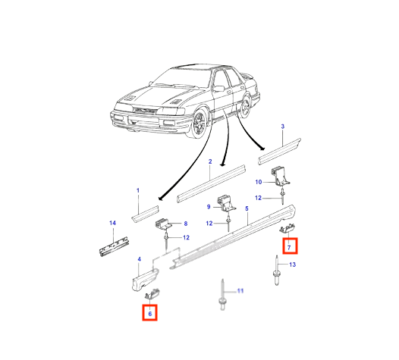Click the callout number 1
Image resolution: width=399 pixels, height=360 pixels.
click(138, 190)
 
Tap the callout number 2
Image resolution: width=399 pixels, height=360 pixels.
click(210, 161)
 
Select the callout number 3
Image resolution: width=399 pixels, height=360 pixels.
click(282, 127)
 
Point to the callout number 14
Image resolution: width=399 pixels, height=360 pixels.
click(112, 223)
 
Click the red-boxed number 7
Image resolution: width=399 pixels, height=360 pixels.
click(289, 247)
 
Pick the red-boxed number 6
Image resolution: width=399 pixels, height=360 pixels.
click(150, 314)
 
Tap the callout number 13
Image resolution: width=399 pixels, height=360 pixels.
click(293, 265)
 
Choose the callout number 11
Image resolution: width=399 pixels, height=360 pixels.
click(240, 290)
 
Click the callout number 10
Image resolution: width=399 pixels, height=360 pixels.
click(258, 182)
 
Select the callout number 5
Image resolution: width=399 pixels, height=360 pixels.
click(247, 208)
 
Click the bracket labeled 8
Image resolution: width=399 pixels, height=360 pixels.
click(163, 224)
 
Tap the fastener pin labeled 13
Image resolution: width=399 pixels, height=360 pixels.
click(276, 271)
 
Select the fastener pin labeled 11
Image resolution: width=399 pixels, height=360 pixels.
click(222, 294)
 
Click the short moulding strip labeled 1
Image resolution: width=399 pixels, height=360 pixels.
click(146, 214)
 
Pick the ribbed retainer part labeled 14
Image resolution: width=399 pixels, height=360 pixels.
click(114, 246)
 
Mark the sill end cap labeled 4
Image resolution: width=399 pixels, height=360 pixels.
click(144, 280)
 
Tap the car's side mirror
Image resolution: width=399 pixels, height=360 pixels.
click(218, 89)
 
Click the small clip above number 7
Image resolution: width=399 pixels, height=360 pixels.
click(287, 228)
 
